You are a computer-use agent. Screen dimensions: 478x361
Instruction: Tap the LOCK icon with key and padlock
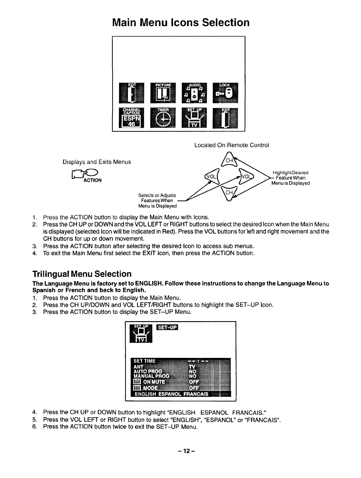coord(225,92)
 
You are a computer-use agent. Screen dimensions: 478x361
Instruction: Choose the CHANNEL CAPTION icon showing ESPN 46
coord(131,117)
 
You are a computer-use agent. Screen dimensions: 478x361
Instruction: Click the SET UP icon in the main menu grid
coord(195,117)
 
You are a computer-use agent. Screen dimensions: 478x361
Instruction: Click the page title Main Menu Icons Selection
coord(181,22)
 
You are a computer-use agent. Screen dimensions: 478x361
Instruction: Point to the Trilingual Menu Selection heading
coord(82,274)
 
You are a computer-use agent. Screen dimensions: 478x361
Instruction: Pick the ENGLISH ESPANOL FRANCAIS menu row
coord(172,394)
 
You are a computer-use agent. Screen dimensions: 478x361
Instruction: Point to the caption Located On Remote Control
coord(232,145)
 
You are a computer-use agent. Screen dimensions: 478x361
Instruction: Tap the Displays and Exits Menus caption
coord(97,162)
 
